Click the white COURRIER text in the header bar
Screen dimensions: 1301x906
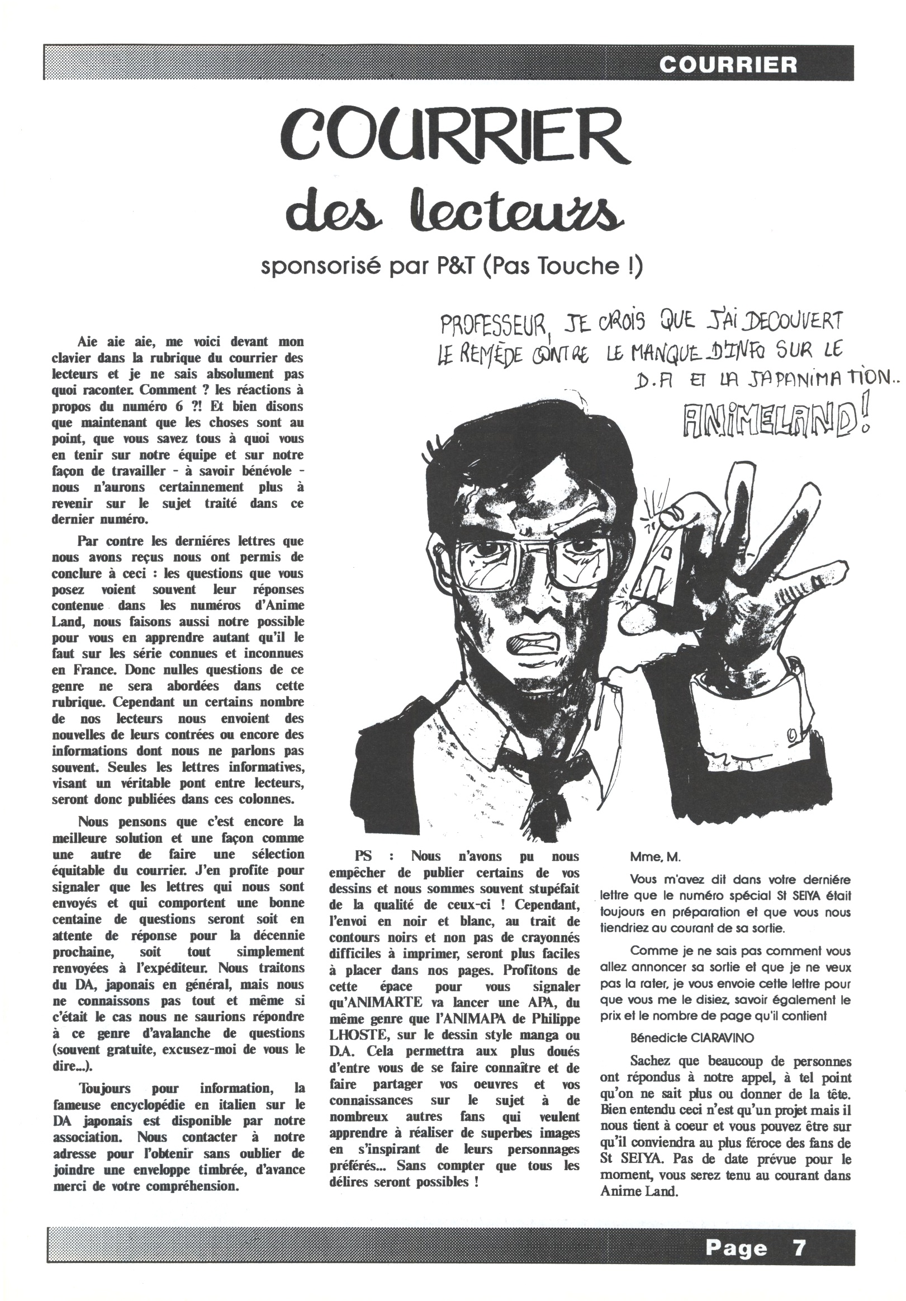click(727, 64)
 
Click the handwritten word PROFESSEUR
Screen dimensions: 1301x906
click(493, 326)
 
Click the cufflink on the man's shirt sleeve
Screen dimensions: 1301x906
click(791, 736)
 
